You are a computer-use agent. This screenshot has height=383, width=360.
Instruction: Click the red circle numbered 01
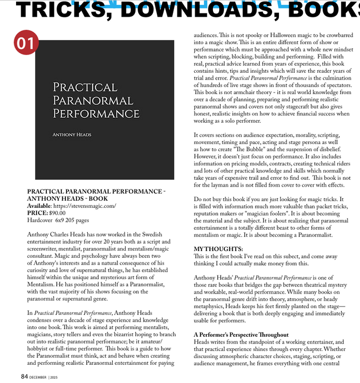(x=25, y=43)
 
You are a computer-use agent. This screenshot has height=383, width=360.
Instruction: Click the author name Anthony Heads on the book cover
(x=72, y=135)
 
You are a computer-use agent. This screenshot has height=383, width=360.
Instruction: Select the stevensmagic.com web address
(x=85, y=206)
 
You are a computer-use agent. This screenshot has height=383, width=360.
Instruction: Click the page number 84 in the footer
(x=24, y=376)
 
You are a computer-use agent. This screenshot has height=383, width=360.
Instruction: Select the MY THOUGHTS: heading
(x=218, y=249)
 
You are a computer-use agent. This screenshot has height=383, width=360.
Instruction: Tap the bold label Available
(x=39, y=206)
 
